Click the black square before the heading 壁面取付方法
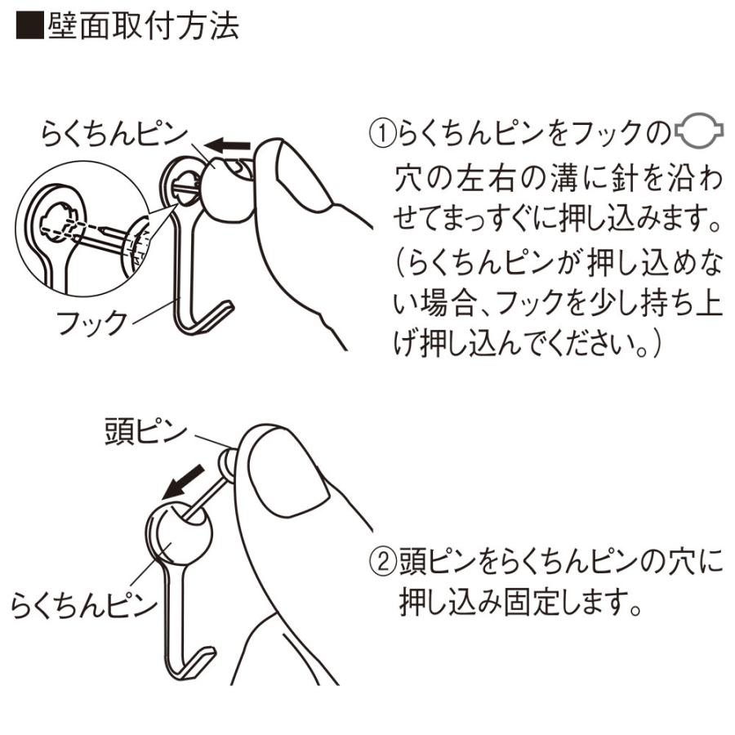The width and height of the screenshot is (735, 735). tap(30, 26)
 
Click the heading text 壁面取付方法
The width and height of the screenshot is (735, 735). tap(144, 26)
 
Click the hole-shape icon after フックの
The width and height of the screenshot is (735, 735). tap(698, 131)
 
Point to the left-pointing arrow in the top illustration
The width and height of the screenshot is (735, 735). tap(229, 145)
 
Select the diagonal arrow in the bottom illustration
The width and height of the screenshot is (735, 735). tap(183, 483)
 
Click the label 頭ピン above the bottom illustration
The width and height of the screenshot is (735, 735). tap(146, 432)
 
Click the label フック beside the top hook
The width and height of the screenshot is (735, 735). tap(91, 323)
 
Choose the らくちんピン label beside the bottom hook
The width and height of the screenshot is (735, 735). tap(83, 605)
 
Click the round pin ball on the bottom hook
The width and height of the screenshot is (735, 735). tap(179, 532)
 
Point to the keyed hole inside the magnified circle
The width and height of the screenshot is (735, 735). tap(59, 224)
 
